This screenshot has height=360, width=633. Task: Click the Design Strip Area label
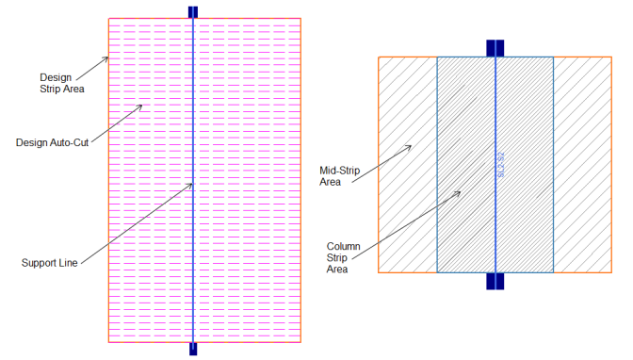tap(62, 83)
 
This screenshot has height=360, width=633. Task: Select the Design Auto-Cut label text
tap(51, 142)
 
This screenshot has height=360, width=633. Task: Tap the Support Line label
tap(50, 262)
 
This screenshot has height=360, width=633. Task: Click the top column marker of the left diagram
tap(193, 12)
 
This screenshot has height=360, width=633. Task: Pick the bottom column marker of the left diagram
tap(193, 349)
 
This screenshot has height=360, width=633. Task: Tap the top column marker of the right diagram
tap(495, 47)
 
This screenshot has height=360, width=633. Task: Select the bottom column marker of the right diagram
tap(495, 281)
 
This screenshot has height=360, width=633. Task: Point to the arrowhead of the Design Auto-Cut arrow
tap(141, 106)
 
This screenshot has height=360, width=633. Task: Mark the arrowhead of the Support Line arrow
tap(192, 183)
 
